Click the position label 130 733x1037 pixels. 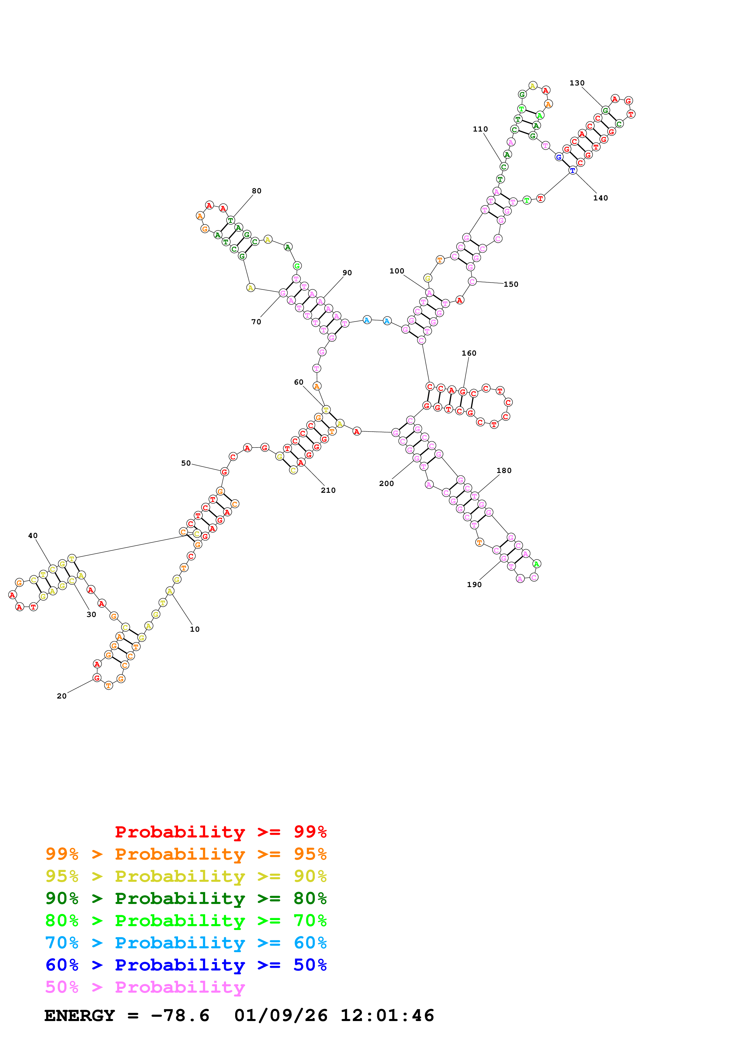(x=577, y=83)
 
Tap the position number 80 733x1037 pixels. (x=257, y=191)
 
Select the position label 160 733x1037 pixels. (x=469, y=353)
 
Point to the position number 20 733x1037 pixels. (x=62, y=696)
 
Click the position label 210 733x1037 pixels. (x=328, y=490)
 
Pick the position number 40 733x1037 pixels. (x=33, y=536)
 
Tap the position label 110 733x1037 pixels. (x=480, y=129)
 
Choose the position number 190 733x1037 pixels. (x=474, y=584)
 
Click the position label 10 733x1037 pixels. (x=195, y=629)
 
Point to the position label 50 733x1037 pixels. (x=186, y=464)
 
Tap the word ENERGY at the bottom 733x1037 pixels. (x=80, y=1015)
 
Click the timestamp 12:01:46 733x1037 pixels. (x=387, y=1015)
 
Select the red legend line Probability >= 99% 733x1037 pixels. (x=220, y=832)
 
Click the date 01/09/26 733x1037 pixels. (x=281, y=1015)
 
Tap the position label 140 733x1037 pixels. (x=600, y=198)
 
